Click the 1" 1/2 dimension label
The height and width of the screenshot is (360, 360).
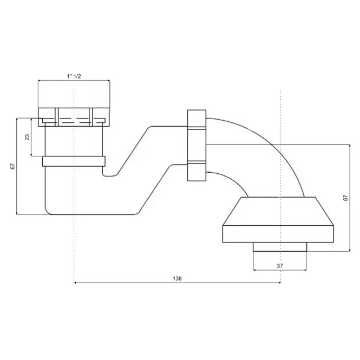74,76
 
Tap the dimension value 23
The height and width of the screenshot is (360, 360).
27,137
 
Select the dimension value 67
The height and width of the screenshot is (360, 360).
13,166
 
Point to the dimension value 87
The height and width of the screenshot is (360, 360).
345,198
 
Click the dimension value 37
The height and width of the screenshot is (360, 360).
280,266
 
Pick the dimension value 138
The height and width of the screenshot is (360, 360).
177,278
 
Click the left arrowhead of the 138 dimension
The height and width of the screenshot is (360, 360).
75,283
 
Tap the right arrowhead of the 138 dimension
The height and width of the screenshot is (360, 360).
279,283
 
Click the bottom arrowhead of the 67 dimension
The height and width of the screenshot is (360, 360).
17,213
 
